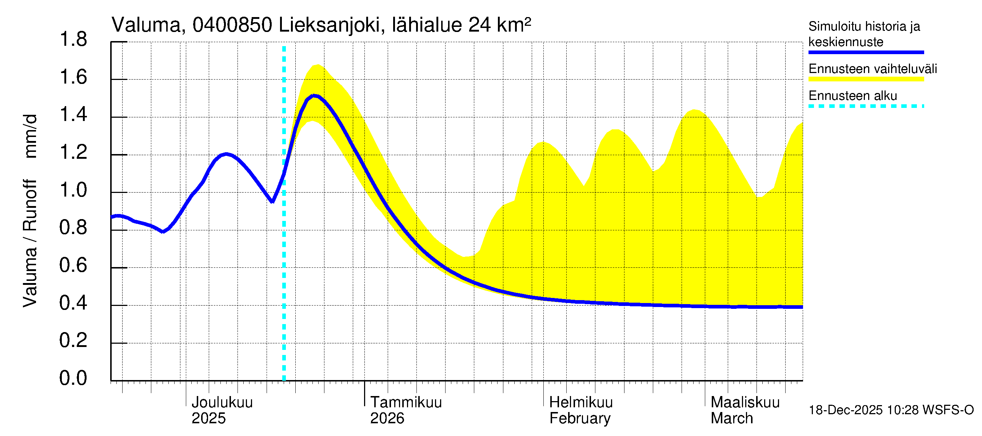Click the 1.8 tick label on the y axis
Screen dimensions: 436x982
pos(73,40)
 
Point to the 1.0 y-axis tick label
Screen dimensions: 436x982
pos(73,190)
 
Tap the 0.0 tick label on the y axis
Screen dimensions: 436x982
pos(73,378)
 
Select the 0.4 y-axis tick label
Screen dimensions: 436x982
pos(73,303)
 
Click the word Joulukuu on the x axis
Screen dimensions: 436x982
pos(222,403)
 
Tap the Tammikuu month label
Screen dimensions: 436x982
pos(406,403)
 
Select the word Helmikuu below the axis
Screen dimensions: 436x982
pos(580,403)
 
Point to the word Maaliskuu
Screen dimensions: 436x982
pos(745,403)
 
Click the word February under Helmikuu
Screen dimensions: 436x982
pos(580,419)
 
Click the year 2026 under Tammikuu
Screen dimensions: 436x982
pos(387,419)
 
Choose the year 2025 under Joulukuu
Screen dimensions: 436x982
pos(208,419)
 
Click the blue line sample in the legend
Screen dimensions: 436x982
pos(866,52)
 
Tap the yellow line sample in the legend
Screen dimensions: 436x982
pos(866,79)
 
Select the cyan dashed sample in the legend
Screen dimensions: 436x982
pos(866,106)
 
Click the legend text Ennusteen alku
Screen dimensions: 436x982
pos(853,96)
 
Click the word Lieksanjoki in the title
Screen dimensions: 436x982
pos(330,25)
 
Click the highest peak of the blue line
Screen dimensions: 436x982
pos(314,96)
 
